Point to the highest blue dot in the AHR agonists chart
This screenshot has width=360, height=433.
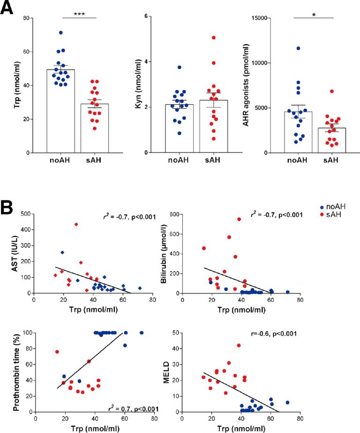pos(298,48)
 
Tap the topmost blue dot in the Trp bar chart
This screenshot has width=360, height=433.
pos(60,33)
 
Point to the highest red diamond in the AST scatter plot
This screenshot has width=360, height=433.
pos(76,224)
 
